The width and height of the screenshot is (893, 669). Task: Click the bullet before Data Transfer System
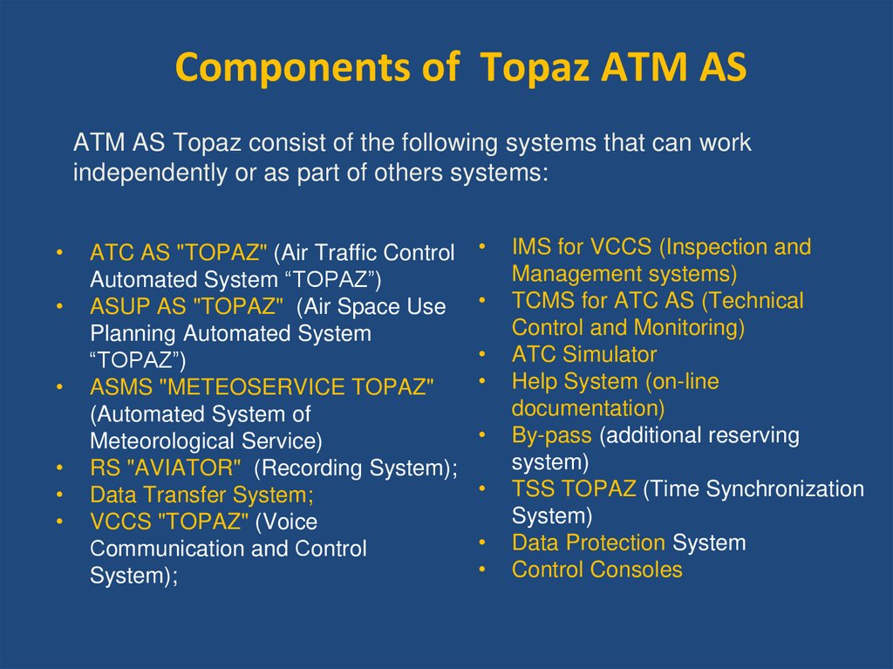coord(58,495)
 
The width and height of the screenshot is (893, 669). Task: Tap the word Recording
coord(312,468)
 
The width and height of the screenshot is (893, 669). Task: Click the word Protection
coord(615,543)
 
